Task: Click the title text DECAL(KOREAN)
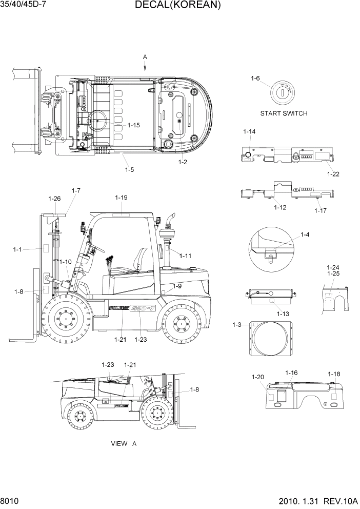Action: (x=178, y=6)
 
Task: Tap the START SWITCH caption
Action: (x=284, y=113)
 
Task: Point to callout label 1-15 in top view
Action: (x=133, y=125)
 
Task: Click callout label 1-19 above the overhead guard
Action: (x=121, y=198)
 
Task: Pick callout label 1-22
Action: (x=333, y=174)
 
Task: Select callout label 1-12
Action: (x=279, y=207)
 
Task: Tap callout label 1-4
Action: (x=305, y=235)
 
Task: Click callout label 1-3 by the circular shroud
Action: (x=236, y=325)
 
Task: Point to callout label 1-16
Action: (x=291, y=373)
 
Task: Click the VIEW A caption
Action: (x=124, y=443)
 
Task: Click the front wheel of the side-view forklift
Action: (x=66, y=321)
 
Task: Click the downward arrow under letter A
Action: (x=145, y=66)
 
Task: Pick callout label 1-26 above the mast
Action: (x=54, y=199)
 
